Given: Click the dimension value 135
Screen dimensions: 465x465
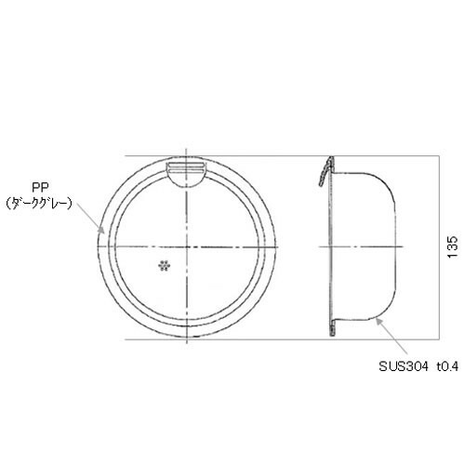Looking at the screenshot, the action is click(x=453, y=246).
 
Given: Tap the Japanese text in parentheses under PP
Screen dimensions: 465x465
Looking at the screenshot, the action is click(x=39, y=204).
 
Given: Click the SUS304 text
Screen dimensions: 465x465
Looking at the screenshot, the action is click(x=404, y=366).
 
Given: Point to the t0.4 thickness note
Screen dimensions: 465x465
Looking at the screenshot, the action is click(x=447, y=366).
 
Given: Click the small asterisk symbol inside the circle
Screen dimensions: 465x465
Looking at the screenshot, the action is click(x=165, y=266).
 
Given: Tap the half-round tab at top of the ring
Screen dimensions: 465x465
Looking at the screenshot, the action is click(x=186, y=175).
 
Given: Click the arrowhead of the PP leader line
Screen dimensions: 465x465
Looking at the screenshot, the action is click(x=100, y=229).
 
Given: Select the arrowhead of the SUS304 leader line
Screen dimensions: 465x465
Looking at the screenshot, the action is click(x=379, y=322).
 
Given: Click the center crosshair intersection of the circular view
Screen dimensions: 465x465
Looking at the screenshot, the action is click(x=186, y=246).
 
